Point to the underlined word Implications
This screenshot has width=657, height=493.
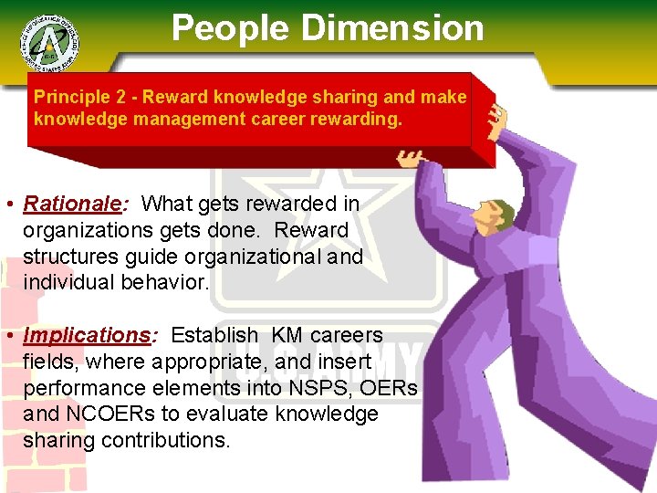pyautogui.click(x=87, y=336)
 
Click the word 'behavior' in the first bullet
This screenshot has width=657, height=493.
pyautogui.click(x=170, y=283)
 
